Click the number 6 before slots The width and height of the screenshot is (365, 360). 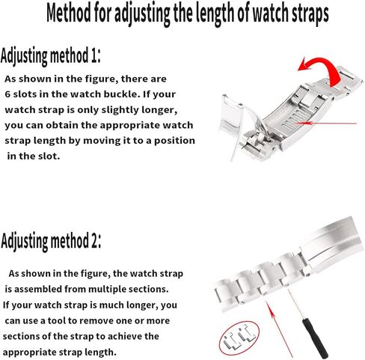pyautogui.click(x=9, y=94)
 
